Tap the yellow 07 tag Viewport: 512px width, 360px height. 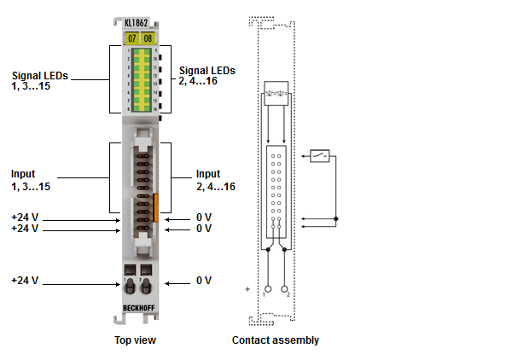pos(131,39)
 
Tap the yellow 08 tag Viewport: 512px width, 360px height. pos(147,39)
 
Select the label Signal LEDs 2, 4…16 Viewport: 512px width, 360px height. pos(207,76)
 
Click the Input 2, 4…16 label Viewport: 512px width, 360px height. pos(213,180)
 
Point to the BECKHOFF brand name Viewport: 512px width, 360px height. pos(139,307)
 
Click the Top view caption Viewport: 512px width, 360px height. pos(136,340)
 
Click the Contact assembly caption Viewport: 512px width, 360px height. pos(276,340)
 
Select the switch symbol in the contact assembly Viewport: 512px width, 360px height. pos(320,156)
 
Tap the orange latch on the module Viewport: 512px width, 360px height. pos(156,205)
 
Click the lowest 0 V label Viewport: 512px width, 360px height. pos(203,281)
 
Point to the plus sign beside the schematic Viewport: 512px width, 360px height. pos(248,289)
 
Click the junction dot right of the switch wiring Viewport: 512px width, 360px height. pos(335,219)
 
